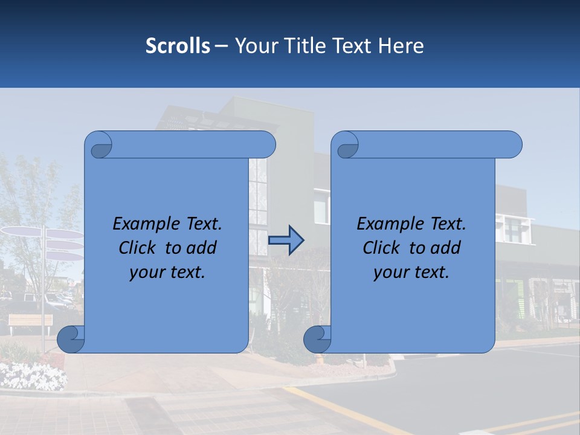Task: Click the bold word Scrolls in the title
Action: tap(178, 46)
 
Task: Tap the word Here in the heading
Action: tap(401, 46)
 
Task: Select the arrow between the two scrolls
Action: tap(286, 240)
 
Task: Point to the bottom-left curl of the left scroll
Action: tap(71, 340)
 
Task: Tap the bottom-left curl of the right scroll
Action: tap(317, 340)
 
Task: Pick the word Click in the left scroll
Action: tap(138, 248)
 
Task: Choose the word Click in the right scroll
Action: tap(381, 248)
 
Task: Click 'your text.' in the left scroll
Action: tap(167, 272)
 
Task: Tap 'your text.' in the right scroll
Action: tap(411, 272)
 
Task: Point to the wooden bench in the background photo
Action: tap(31, 321)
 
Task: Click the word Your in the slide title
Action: tap(254, 46)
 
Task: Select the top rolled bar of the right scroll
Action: tap(435, 144)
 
